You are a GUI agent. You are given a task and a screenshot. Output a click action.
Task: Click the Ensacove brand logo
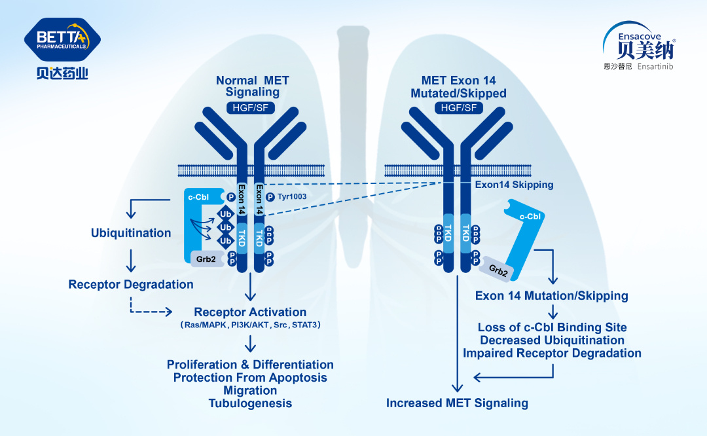(638, 46)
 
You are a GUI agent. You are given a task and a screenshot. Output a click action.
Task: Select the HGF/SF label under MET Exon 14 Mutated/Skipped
(458, 107)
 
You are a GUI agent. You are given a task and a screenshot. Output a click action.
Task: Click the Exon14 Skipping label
(514, 185)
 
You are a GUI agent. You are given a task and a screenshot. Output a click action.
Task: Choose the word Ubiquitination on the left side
(131, 233)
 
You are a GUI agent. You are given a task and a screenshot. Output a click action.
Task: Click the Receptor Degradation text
(131, 285)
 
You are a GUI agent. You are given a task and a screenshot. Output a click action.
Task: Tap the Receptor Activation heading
(250, 312)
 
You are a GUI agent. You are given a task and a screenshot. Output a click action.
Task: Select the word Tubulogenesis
(250, 403)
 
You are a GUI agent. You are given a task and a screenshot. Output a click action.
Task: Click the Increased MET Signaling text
(457, 403)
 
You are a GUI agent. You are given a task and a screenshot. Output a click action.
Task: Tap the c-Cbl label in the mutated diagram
(530, 217)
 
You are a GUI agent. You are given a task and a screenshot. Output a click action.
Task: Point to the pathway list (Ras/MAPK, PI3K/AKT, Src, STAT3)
(250, 325)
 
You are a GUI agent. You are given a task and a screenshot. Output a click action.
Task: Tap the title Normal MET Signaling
(252, 86)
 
